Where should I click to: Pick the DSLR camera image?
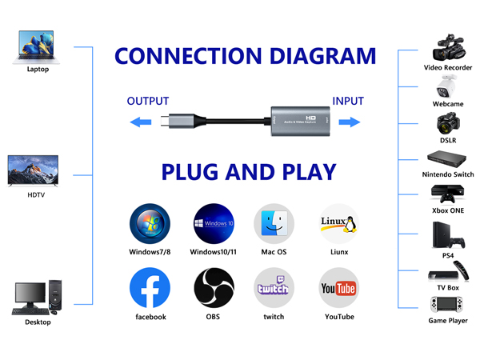click(447, 124)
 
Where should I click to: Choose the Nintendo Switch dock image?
click(447, 159)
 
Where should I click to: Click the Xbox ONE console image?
click(447, 194)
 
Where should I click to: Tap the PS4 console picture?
click(447, 235)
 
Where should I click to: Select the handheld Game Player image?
click(447, 305)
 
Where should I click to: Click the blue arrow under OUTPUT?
click(141, 122)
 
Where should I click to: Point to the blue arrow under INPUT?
click(348, 122)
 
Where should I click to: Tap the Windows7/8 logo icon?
click(150, 224)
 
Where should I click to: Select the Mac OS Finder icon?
click(274, 224)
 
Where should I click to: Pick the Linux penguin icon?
click(338, 224)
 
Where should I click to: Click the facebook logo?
click(150, 288)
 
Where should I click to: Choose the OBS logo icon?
click(214, 288)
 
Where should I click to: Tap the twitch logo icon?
click(274, 288)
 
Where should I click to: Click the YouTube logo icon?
click(338, 288)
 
